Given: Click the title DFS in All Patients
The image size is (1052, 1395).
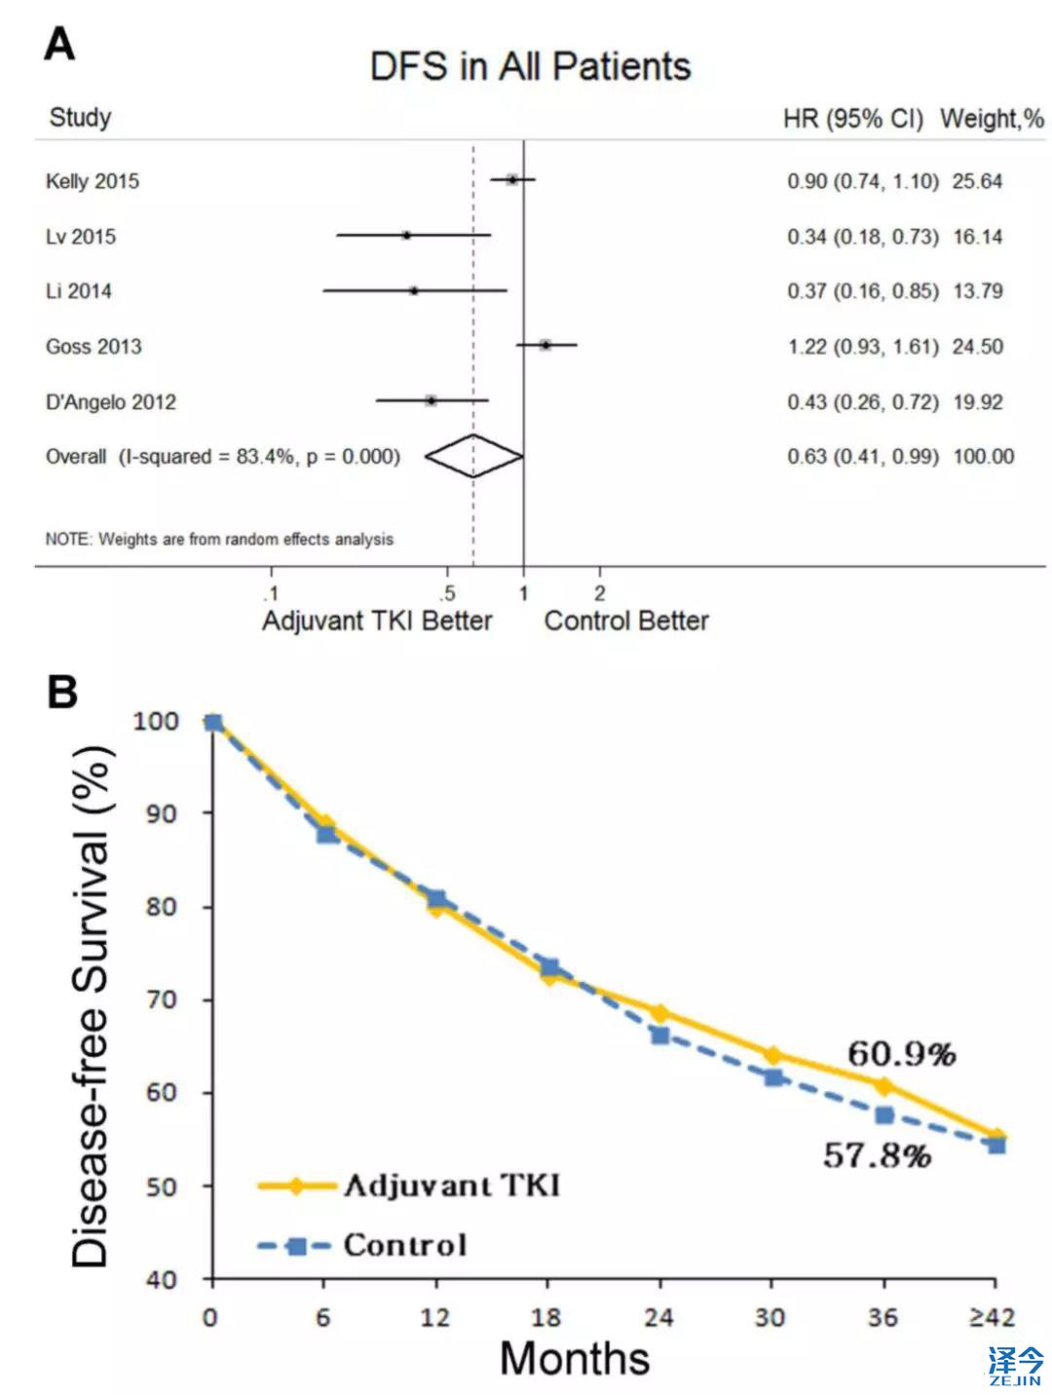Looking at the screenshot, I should (530, 66).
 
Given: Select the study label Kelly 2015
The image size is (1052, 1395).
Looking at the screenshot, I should (93, 181).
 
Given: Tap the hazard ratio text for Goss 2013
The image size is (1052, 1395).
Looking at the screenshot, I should (863, 347).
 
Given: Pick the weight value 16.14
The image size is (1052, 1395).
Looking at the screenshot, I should (978, 237).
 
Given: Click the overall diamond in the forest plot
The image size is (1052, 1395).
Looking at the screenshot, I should (474, 456).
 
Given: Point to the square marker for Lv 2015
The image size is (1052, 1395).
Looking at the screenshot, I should (406, 235).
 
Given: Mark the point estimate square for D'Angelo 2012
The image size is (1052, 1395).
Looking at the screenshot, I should (431, 400).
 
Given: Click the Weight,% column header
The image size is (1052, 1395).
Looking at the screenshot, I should (992, 119).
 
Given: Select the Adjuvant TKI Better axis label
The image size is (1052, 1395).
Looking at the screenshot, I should (377, 621).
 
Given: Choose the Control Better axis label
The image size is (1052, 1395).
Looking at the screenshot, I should (626, 621).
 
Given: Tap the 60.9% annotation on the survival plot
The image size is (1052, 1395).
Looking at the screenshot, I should (901, 1053).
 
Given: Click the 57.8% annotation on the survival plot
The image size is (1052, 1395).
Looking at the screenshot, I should (877, 1155).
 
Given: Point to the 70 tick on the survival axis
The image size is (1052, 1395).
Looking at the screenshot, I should (162, 999).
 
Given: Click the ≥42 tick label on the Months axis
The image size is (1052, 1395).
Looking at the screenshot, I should (992, 1317).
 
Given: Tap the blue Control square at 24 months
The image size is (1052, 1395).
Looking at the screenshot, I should (660, 1036).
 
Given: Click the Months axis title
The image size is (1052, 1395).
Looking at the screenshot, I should (575, 1358).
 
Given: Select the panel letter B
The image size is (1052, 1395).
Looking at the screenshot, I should (62, 692).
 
